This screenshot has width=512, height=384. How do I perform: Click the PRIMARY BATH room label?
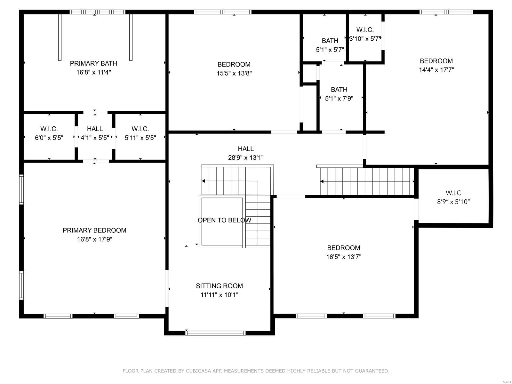tap(93, 63)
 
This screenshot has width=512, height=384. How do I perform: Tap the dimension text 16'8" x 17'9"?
tap(94, 239)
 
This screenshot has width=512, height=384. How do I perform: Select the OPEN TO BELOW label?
tap(224, 220)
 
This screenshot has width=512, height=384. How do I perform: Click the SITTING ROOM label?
tap(219, 286)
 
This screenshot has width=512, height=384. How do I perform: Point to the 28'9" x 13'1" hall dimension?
tap(246, 157)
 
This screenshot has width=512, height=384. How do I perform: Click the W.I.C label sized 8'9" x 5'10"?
tap(453, 193)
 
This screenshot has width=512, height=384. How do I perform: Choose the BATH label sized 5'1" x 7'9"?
tap(339, 90)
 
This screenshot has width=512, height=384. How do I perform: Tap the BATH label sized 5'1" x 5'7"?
tap(330, 41)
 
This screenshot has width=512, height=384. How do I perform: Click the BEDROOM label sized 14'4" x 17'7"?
tap(436, 61)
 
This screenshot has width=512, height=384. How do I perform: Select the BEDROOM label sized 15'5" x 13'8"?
tap(234, 64)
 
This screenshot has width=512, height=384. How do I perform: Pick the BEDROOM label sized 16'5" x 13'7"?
tap(343, 248)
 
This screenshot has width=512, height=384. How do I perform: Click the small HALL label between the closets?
tap(95, 129)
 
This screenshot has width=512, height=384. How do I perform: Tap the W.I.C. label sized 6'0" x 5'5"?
tap(49, 129)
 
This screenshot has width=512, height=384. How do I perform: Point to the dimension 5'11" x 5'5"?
tap(140, 138)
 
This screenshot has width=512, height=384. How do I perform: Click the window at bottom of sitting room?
tap(215, 333)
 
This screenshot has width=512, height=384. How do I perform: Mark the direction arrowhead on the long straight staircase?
tap(322, 181)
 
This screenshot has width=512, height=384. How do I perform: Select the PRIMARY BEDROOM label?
tap(94, 230)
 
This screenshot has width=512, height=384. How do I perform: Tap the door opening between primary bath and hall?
tap(95, 112)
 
